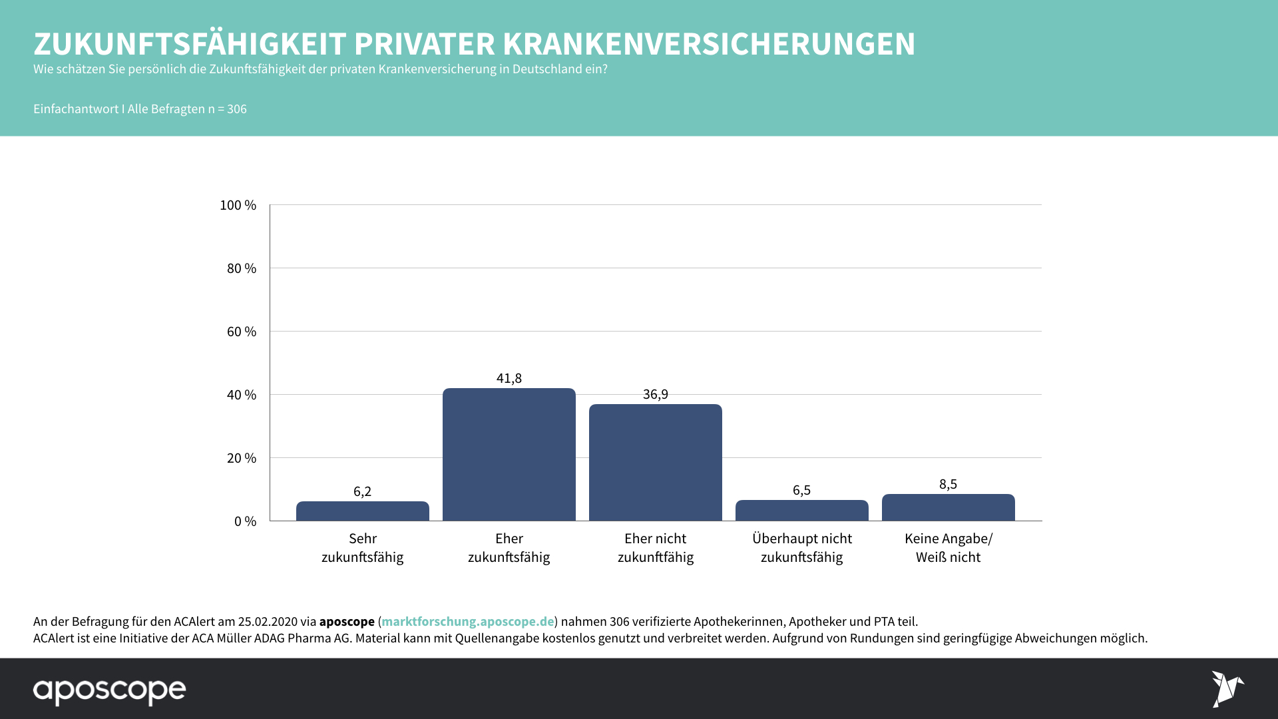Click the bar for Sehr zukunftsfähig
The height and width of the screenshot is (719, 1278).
[362, 511]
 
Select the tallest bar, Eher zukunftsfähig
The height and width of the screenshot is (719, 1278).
[509, 454]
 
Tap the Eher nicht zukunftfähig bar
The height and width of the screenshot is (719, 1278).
[655, 462]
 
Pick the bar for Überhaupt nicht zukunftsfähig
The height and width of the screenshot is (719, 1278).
[801, 510]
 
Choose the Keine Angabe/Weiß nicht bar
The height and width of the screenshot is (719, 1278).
[948, 507]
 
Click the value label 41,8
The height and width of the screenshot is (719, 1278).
[509, 378]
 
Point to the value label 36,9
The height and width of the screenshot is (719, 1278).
[655, 394]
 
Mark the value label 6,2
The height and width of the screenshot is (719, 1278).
[362, 491]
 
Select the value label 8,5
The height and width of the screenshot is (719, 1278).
[948, 484]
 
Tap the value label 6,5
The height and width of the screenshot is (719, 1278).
[801, 490]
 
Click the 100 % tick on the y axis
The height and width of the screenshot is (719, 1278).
[238, 205]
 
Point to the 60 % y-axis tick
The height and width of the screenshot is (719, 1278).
[241, 332]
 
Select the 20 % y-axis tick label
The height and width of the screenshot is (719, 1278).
[241, 458]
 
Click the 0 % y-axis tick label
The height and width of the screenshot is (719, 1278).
[244, 521]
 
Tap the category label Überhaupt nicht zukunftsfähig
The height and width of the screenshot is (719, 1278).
[801, 547]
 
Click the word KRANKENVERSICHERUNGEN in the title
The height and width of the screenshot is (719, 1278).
[708, 44]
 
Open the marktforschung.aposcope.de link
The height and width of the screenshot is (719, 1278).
[467, 621]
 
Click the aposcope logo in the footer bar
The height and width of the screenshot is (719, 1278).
[110, 690]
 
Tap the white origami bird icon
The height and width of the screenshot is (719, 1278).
[1227, 688]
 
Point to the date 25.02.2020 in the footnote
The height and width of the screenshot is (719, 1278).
[268, 621]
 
